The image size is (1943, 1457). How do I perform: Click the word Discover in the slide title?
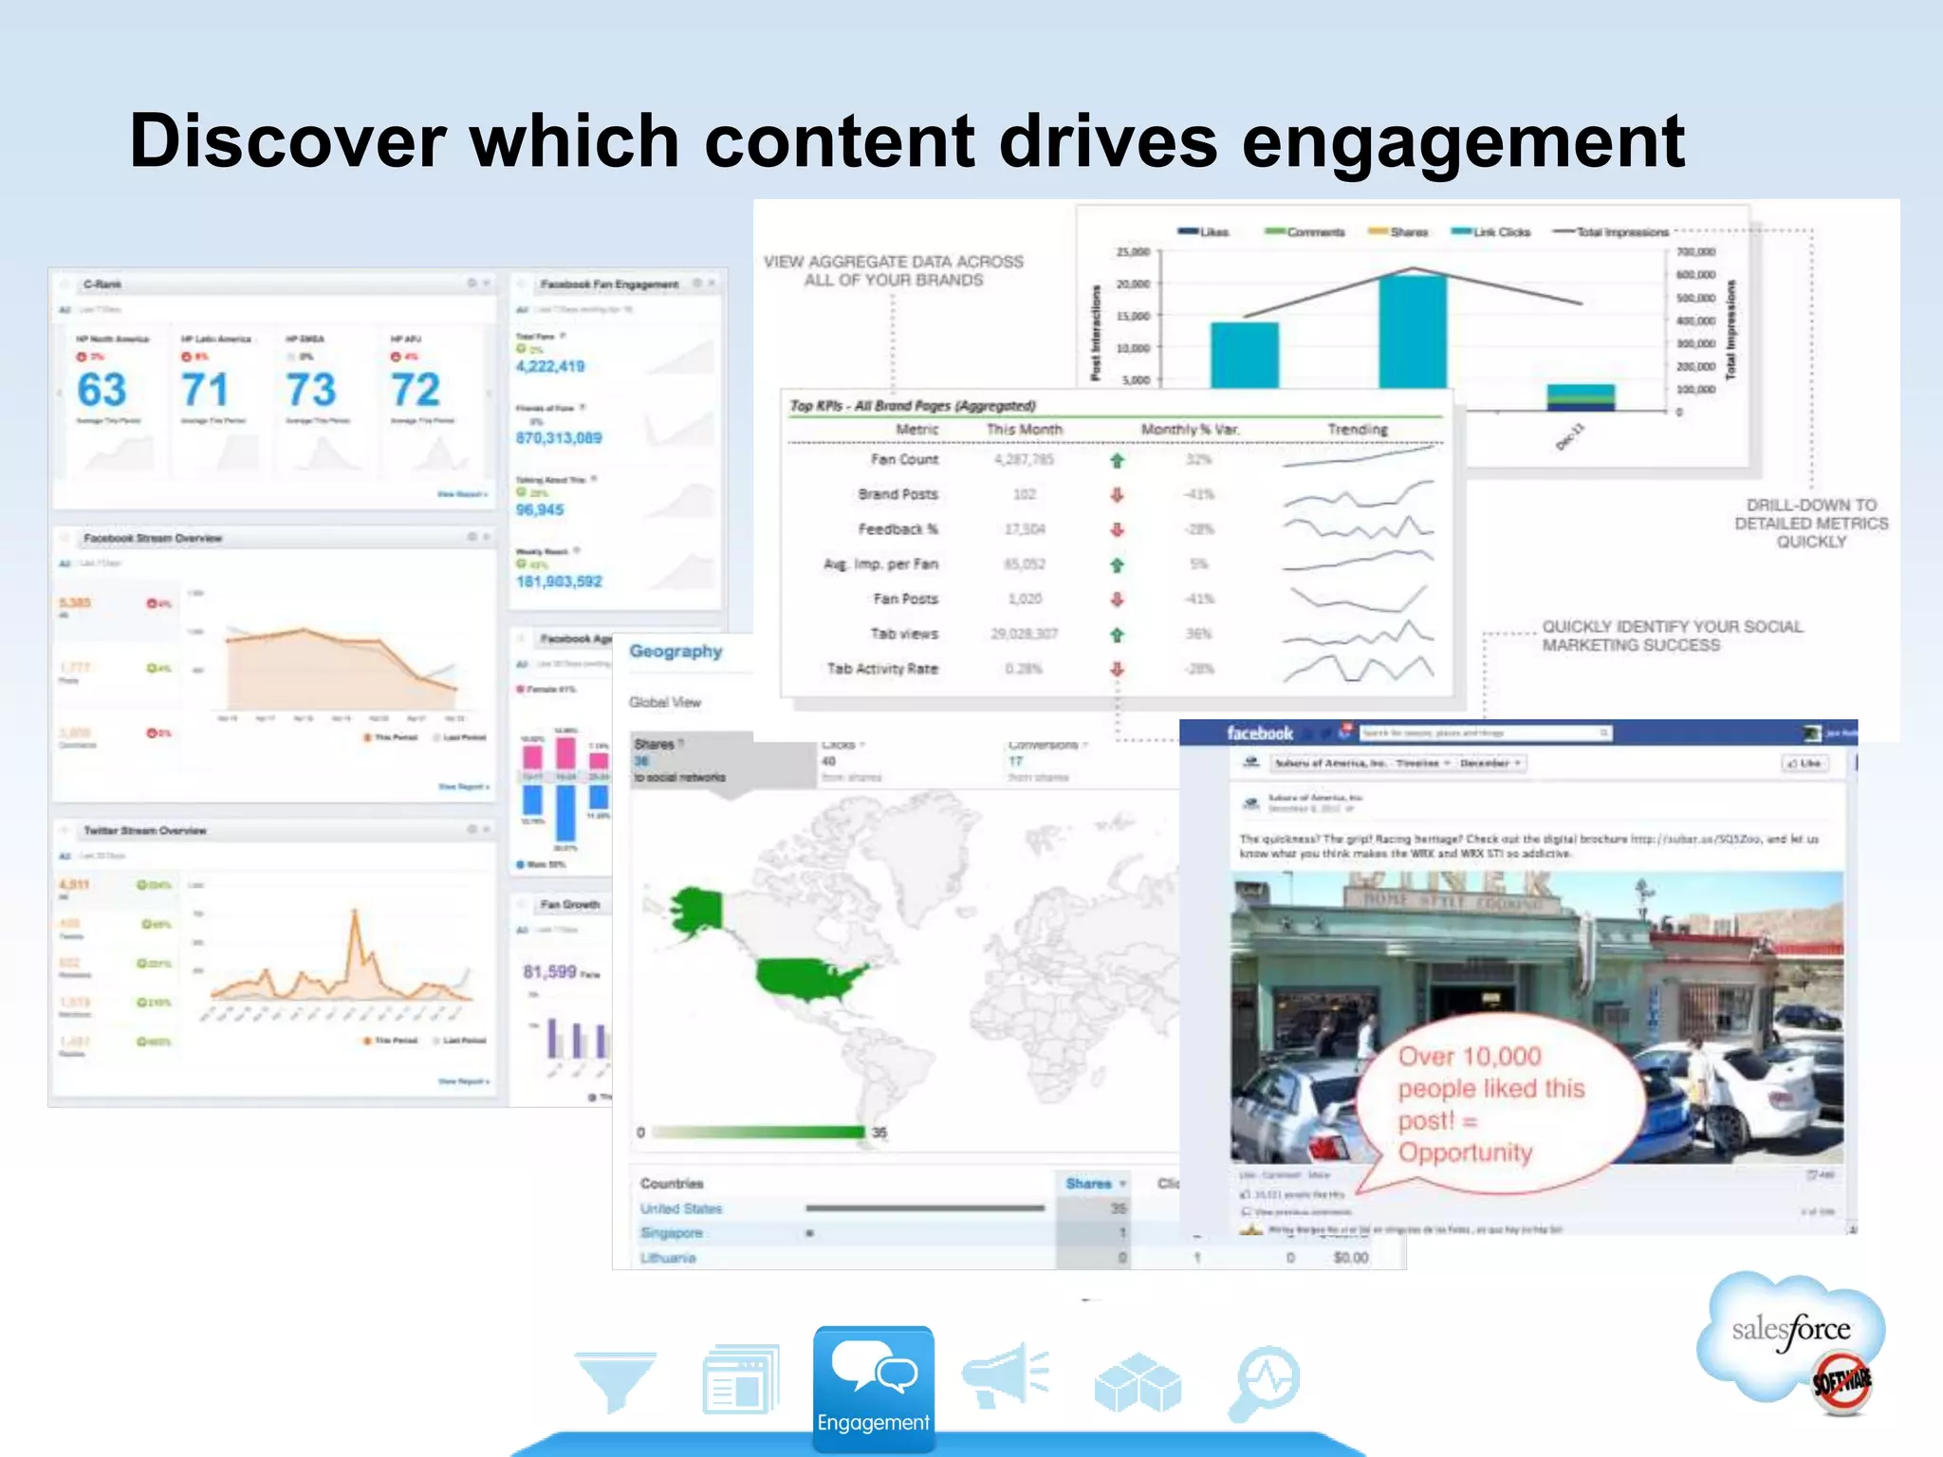pos(287,141)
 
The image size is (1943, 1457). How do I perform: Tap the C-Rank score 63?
pos(102,390)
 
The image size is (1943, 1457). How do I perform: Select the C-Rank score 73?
pos(311,390)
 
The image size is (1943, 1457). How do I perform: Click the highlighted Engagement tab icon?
pos(873,1386)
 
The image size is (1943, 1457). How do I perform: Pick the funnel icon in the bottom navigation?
pos(616,1380)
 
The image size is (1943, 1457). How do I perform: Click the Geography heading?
pos(675,652)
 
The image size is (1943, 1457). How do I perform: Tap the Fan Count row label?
pos(904,460)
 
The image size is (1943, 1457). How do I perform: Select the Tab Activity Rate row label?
pos(882,669)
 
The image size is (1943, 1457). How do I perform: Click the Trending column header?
pos(1357,430)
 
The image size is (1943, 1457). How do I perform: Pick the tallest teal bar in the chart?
pos(1413,332)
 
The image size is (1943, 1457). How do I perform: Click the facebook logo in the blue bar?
pos(1259,733)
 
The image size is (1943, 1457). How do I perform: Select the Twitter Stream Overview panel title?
pos(144,831)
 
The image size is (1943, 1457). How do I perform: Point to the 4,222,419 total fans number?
pos(550,366)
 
